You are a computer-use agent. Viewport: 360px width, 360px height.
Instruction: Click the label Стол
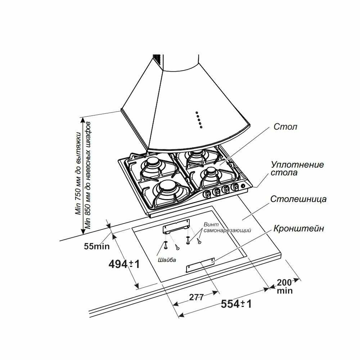coord(285,127)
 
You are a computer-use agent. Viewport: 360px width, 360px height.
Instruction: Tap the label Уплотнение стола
coord(297,168)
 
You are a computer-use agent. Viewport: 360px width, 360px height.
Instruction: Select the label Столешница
coord(298,199)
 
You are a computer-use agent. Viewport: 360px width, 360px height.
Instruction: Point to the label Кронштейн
coord(299,229)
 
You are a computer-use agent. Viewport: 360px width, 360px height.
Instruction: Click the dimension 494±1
coord(124,264)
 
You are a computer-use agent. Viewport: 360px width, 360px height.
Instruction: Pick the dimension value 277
coord(196,297)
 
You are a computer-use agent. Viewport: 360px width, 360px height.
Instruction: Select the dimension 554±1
coord(236,304)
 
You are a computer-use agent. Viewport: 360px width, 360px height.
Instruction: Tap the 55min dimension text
coord(96,246)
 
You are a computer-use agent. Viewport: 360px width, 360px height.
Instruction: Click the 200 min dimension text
coord(285,287)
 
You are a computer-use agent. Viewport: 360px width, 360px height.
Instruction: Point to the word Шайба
coord(167,260)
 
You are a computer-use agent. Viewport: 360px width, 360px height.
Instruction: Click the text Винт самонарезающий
coord(227,227)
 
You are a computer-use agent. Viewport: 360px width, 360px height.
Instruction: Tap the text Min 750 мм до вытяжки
coord(78,174)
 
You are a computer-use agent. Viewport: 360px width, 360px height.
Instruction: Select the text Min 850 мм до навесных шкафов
coord(88,175)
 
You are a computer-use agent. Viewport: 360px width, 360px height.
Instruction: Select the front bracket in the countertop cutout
coord(200,265)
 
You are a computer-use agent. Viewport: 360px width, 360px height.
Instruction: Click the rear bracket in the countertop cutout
coord(176,226)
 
